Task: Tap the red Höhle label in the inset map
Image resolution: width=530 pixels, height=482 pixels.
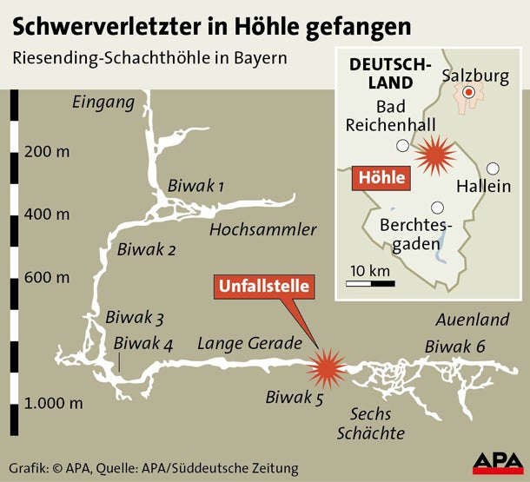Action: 380,179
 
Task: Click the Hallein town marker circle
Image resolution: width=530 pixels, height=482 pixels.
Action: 493,168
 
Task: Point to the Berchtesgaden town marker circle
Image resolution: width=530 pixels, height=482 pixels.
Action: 437,208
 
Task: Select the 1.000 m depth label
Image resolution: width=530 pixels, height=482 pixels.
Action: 55,403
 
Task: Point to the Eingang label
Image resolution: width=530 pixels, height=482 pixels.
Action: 104,103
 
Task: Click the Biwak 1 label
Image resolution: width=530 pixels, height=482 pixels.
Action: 195,186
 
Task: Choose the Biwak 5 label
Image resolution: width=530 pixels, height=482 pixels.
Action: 294,399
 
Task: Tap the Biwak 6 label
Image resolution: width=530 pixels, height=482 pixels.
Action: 454,347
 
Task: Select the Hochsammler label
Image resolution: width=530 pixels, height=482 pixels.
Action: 262,230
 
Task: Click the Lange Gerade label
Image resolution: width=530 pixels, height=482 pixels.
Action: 249,343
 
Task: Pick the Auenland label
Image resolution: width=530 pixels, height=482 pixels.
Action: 474,320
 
